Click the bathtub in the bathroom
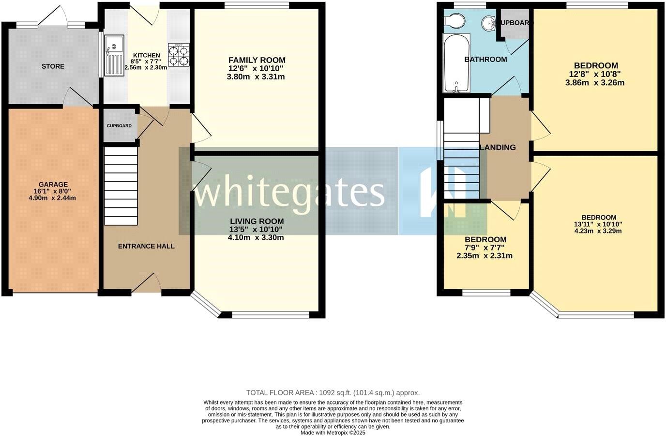pos(456,63)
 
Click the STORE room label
pos(53,66)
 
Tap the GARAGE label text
pos(53,185)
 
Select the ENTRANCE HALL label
pos(146,246)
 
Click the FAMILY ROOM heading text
pos(257,60)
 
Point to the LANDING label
pos(498,148)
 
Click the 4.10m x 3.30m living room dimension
pos(256,237)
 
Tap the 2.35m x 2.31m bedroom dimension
pos(484,256)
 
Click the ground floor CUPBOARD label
pos(119,126)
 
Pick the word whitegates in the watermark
pos(288,192)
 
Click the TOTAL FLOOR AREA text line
pos(333,393)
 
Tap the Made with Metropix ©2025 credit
pos(333,433)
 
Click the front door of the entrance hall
pos(146,286)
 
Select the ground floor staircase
pos(121,187)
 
